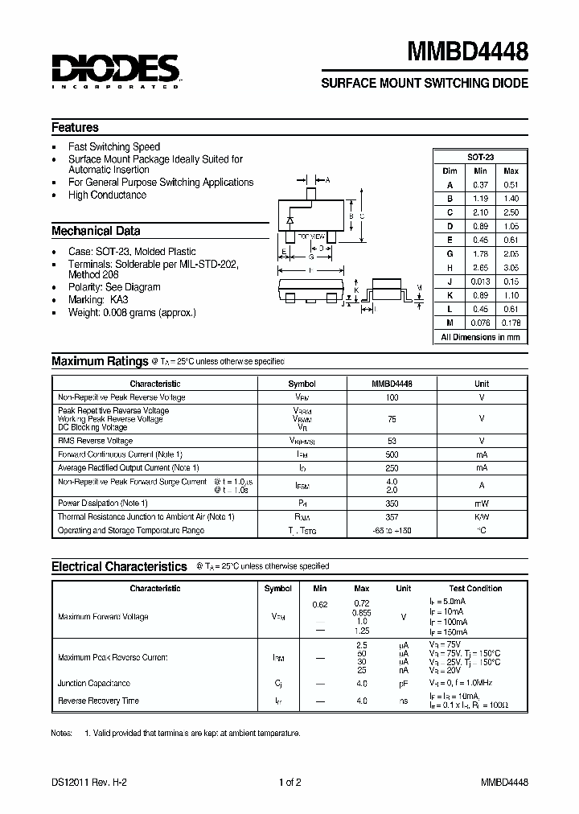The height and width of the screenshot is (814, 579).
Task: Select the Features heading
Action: [x=76, y=127]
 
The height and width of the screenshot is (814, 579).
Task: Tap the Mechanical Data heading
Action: [x=96, y=231]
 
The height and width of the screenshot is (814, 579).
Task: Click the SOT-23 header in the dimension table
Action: [x=480, y=157]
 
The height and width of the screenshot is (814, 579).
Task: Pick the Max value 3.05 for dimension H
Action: [x=510, y=267]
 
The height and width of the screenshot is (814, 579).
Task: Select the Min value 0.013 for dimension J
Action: [x=480, y=282]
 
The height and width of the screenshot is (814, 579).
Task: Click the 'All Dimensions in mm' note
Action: [x=480, y=337]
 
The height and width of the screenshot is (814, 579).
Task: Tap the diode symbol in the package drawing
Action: [x=290, y=219]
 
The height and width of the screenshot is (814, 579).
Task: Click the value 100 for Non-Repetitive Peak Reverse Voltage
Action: [x=392, y=397]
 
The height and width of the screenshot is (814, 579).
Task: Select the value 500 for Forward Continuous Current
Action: [x=392, y=454]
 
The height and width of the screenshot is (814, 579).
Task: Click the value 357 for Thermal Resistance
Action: [x=392, y=516]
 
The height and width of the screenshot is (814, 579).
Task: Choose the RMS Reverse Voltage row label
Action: [x=96, y=441]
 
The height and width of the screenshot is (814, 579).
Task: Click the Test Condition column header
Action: [x=475, y=588]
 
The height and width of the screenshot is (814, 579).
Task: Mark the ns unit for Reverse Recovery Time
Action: [x=404, y=701]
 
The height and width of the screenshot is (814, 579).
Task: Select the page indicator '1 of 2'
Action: [x=289, y=782]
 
